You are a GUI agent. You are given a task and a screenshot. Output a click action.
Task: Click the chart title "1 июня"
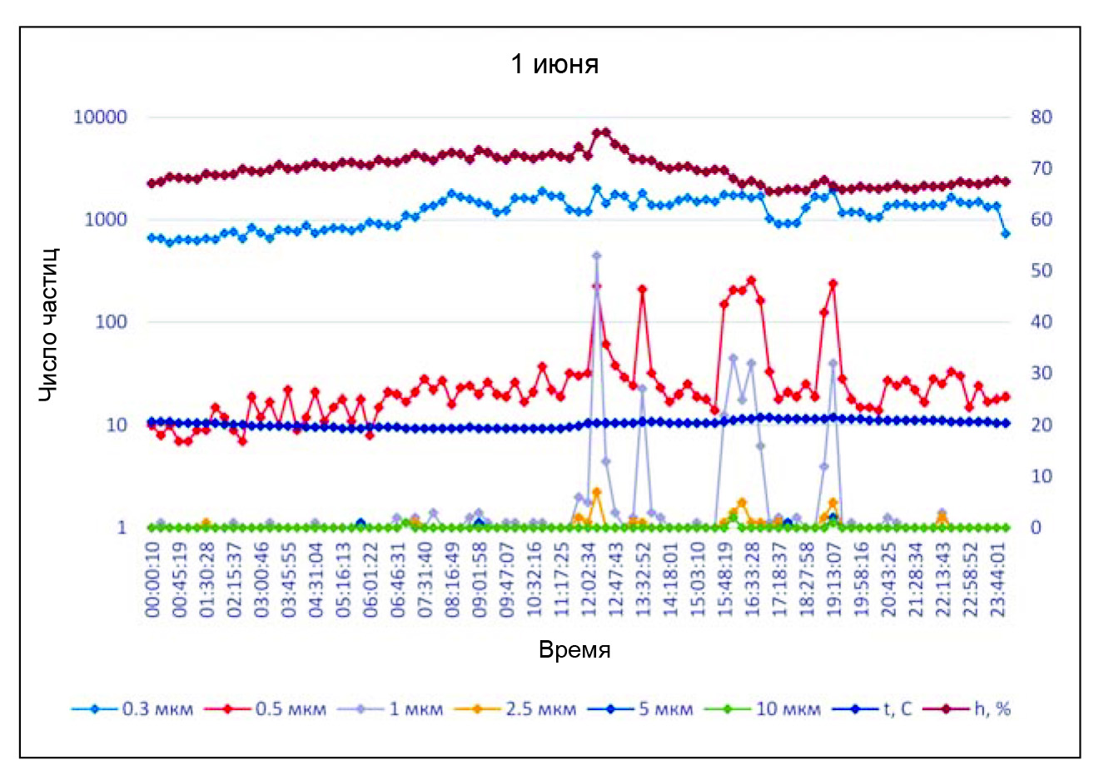[x=554, y=64]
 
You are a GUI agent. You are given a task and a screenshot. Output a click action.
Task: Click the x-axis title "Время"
[x=574, y=650]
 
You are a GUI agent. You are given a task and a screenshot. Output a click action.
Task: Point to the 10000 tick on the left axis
[x=101, y=117]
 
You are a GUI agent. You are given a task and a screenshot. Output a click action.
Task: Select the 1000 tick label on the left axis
[x=105, y=220]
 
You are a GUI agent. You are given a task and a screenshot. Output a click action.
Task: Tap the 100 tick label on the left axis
[x=110, y=322]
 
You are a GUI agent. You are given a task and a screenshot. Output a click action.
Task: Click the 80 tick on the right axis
[x=1041, y=117]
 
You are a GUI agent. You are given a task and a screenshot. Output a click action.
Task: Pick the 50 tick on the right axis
[x=1041, y=271]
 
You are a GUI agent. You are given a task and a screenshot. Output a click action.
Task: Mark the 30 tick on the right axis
[x=1041, y=374]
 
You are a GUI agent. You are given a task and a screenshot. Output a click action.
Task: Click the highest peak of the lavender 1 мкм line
[x=596, y=256]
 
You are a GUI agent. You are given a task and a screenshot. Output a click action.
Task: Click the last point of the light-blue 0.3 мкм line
[x=1006, y=234]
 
